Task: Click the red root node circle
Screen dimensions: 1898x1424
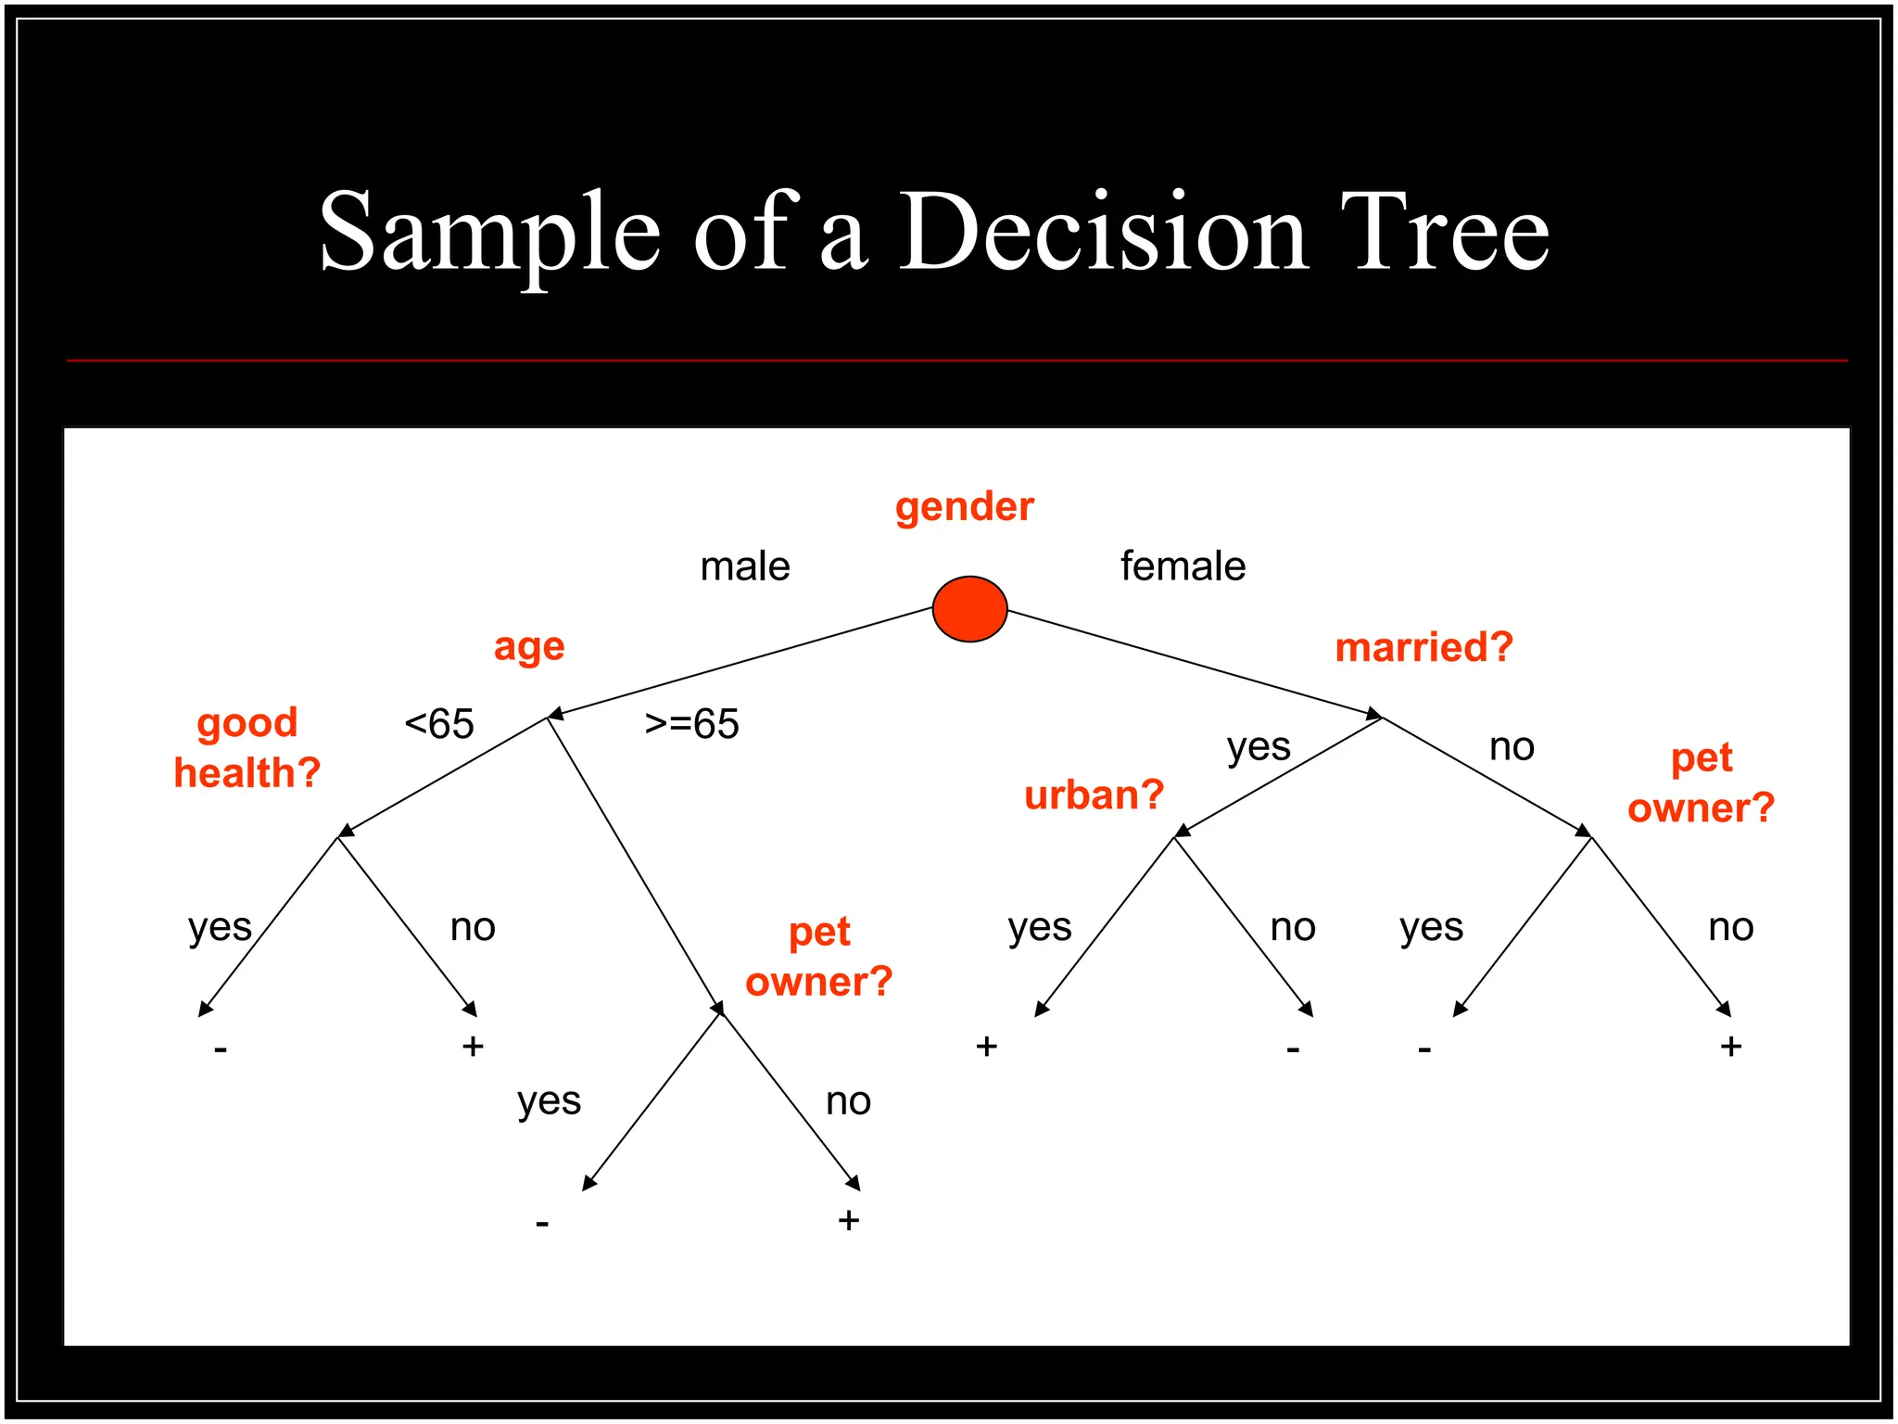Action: [x=969, y=609]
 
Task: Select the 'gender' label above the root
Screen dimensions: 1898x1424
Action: [x=964, y=507]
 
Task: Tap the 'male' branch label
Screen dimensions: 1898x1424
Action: [x=745, y=566]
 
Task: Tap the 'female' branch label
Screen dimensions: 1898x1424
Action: [x=1183, y=566]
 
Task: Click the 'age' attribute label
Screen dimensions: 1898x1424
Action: [x=528, y=647]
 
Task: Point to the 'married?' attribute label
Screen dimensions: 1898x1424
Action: [x=1423, y=647]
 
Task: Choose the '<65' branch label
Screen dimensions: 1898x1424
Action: [x=439, y=724]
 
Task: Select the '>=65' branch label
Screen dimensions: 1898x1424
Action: [x=691, y=724]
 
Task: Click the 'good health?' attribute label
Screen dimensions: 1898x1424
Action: [x=247, y=747]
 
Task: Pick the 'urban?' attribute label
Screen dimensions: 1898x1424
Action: [x=1094, y=795]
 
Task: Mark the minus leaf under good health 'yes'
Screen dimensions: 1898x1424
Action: [x=221, y=1049]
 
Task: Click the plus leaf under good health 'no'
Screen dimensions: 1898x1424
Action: [x=473, y=1047]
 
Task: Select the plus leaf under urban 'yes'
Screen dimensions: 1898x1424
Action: [x=986, y=1047]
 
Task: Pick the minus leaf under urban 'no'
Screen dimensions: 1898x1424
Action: [x=1293, y=1049]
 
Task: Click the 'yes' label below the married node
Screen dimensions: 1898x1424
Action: [x=1259, y=747]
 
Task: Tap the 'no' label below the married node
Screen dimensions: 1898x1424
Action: [x=1512, y=747]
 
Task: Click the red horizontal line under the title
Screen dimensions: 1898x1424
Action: [x=956, y=360]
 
